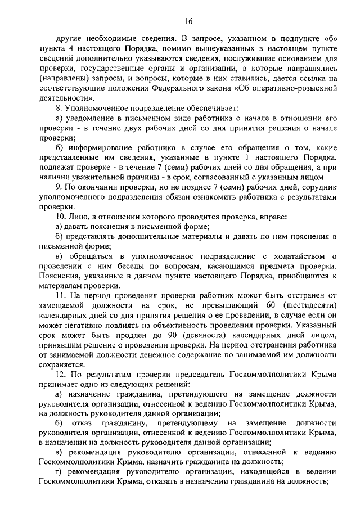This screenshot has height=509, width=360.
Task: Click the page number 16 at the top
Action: point(188,21)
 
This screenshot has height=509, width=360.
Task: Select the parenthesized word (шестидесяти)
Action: point(306,305)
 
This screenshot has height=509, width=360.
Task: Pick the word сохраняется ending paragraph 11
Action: point(62,364)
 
